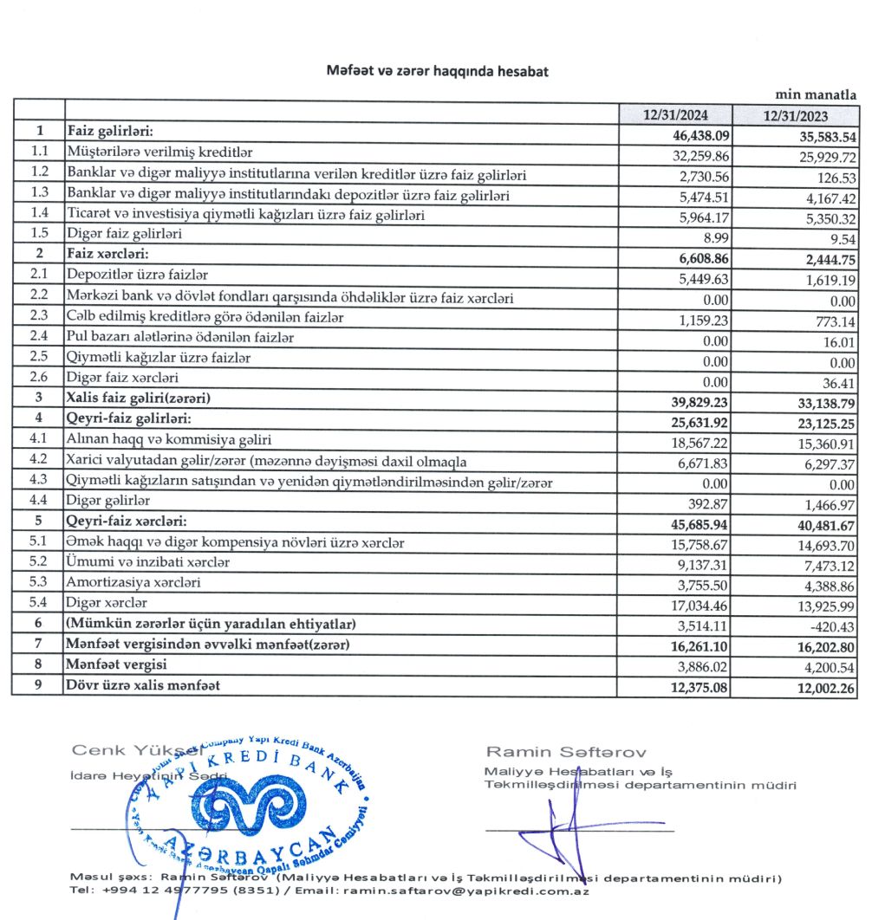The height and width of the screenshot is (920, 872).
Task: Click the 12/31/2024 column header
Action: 675,114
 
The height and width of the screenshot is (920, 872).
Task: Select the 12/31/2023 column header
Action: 795,115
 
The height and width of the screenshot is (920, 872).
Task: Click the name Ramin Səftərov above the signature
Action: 565,751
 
